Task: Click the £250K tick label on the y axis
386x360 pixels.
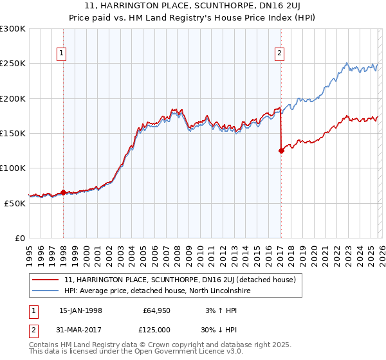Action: click(12, 64)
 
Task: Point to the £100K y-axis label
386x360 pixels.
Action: click(12, 168)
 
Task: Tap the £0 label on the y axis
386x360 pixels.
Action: click(20, 238)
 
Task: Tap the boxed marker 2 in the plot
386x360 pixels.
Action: click(280, 54)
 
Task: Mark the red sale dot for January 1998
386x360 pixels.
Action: click(64, 192)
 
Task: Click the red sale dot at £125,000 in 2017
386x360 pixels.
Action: click(281, 151)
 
